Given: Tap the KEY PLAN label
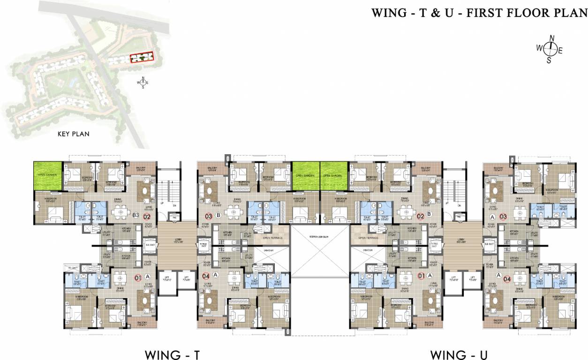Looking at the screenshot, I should click(x=73, y=134).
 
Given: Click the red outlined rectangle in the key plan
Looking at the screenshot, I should click(x=142, y=58).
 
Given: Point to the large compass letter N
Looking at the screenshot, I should click(x=552, y=38).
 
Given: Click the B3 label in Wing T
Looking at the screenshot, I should click(x=136, y=216).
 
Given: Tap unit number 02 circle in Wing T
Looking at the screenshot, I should click(x=147, y=216).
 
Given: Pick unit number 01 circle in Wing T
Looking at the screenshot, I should click(x=138, y=277).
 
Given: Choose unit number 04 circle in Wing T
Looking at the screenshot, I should click(x=205, y=275).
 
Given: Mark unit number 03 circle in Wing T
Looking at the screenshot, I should click(x=209, y=216).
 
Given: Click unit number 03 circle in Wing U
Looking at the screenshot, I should click(x=503, y=217).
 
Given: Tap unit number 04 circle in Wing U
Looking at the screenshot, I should click(x=507, y=279).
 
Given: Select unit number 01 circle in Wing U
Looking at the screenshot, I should click(x=421, y=276).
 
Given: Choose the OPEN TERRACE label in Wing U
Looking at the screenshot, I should click(x=368, y=238).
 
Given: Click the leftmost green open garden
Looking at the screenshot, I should click(x=48, y=176).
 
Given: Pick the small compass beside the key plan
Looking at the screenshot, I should click(x=143, y=82).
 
